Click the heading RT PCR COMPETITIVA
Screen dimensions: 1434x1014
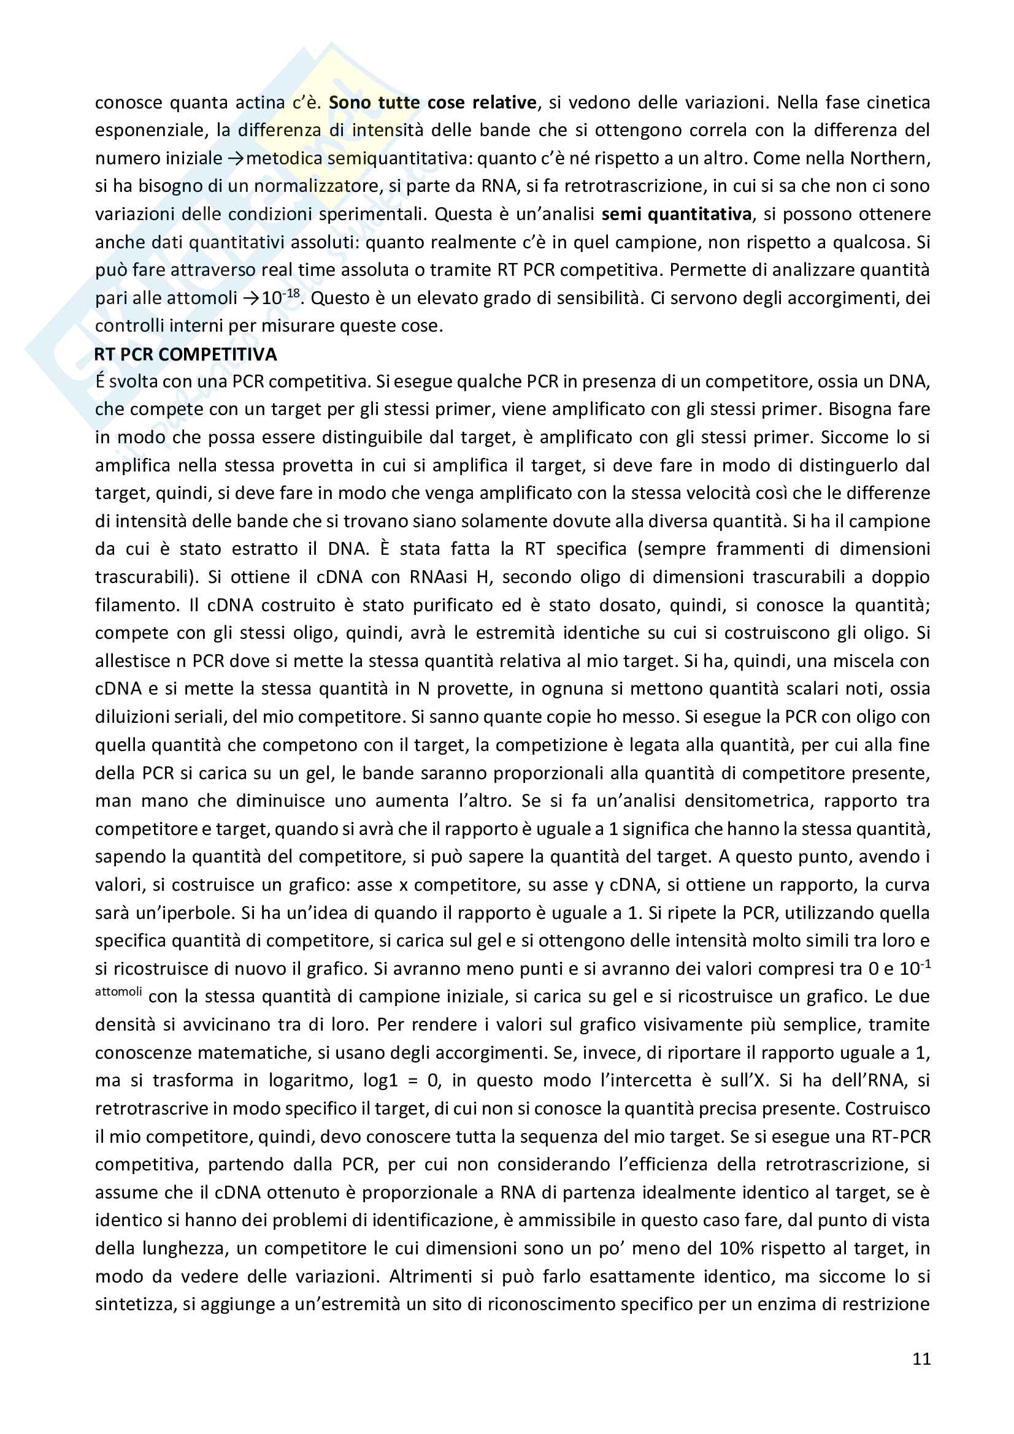pyautogui.click(x=185, y=354)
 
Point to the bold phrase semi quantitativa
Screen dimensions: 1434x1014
pyautogui.click(x=676, y=214)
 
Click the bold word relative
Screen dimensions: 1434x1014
pyautogui.click(x=505, y=102)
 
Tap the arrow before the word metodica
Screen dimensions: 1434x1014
pyautogui.click(x=236, y=159)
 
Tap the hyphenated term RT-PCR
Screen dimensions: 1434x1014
pyautogui.click(x=901, y=1137)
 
